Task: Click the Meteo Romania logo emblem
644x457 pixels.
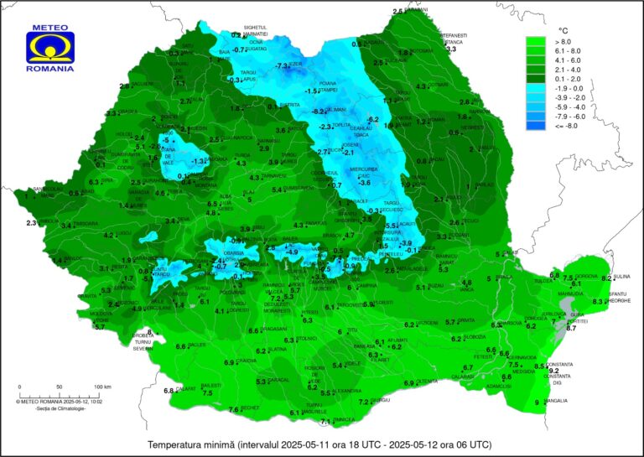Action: click(50, 47)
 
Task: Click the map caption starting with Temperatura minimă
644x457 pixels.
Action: click(319, 444)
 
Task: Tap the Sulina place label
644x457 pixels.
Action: click(621, 276)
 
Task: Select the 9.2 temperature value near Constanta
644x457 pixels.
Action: click(553, 370)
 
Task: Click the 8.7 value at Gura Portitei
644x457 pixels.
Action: click(571, 329)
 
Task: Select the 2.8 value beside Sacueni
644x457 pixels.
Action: click(123, 86)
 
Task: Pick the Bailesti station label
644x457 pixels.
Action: click(211, 386)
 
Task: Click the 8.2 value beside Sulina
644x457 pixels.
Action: click(606, 278)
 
